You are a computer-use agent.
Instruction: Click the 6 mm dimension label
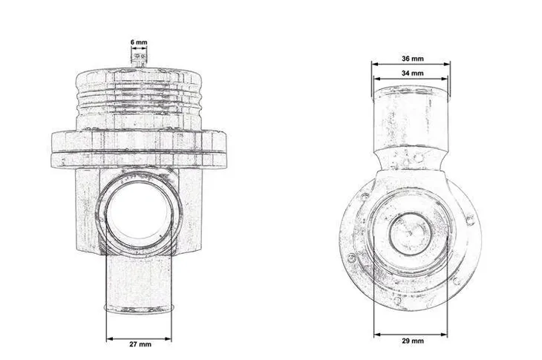click(x=138, y=43)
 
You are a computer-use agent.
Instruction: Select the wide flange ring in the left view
click(x=139, y=147)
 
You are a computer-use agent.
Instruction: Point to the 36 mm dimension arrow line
click(x=411, y=65)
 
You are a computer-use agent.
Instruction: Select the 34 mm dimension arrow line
click(x=411, y=80)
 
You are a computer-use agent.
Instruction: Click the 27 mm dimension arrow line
click(x=139, y=338)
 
